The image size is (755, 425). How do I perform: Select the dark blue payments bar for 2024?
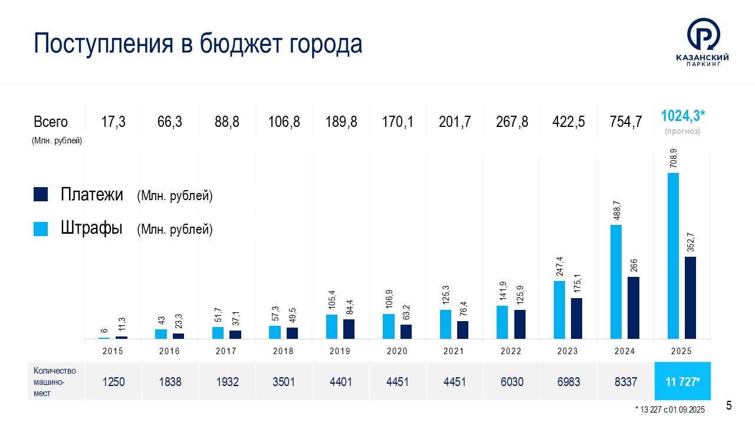click(x=633, y=308)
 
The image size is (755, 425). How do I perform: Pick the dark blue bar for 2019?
click(x=349, y=329)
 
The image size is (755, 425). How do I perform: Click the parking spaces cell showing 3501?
click(x=284, y=381)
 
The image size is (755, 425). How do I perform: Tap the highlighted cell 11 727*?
click(x=682, y=381)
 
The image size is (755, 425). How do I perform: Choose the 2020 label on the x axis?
click(x=397, y=351)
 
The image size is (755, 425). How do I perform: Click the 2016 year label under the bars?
click(x=170, y=351)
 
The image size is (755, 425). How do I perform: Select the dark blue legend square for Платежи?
click(x=40, y=195)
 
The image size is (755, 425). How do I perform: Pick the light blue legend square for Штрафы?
click(x=40, y=228)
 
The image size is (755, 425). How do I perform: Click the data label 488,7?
click(x=616, y=211)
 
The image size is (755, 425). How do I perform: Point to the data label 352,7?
click(x=691, y=243)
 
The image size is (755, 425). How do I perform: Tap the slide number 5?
click(x=729, y=406)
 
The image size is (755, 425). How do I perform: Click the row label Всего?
click(x=51, y=122)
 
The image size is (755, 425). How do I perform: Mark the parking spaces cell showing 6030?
click(x=511, y=381)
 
